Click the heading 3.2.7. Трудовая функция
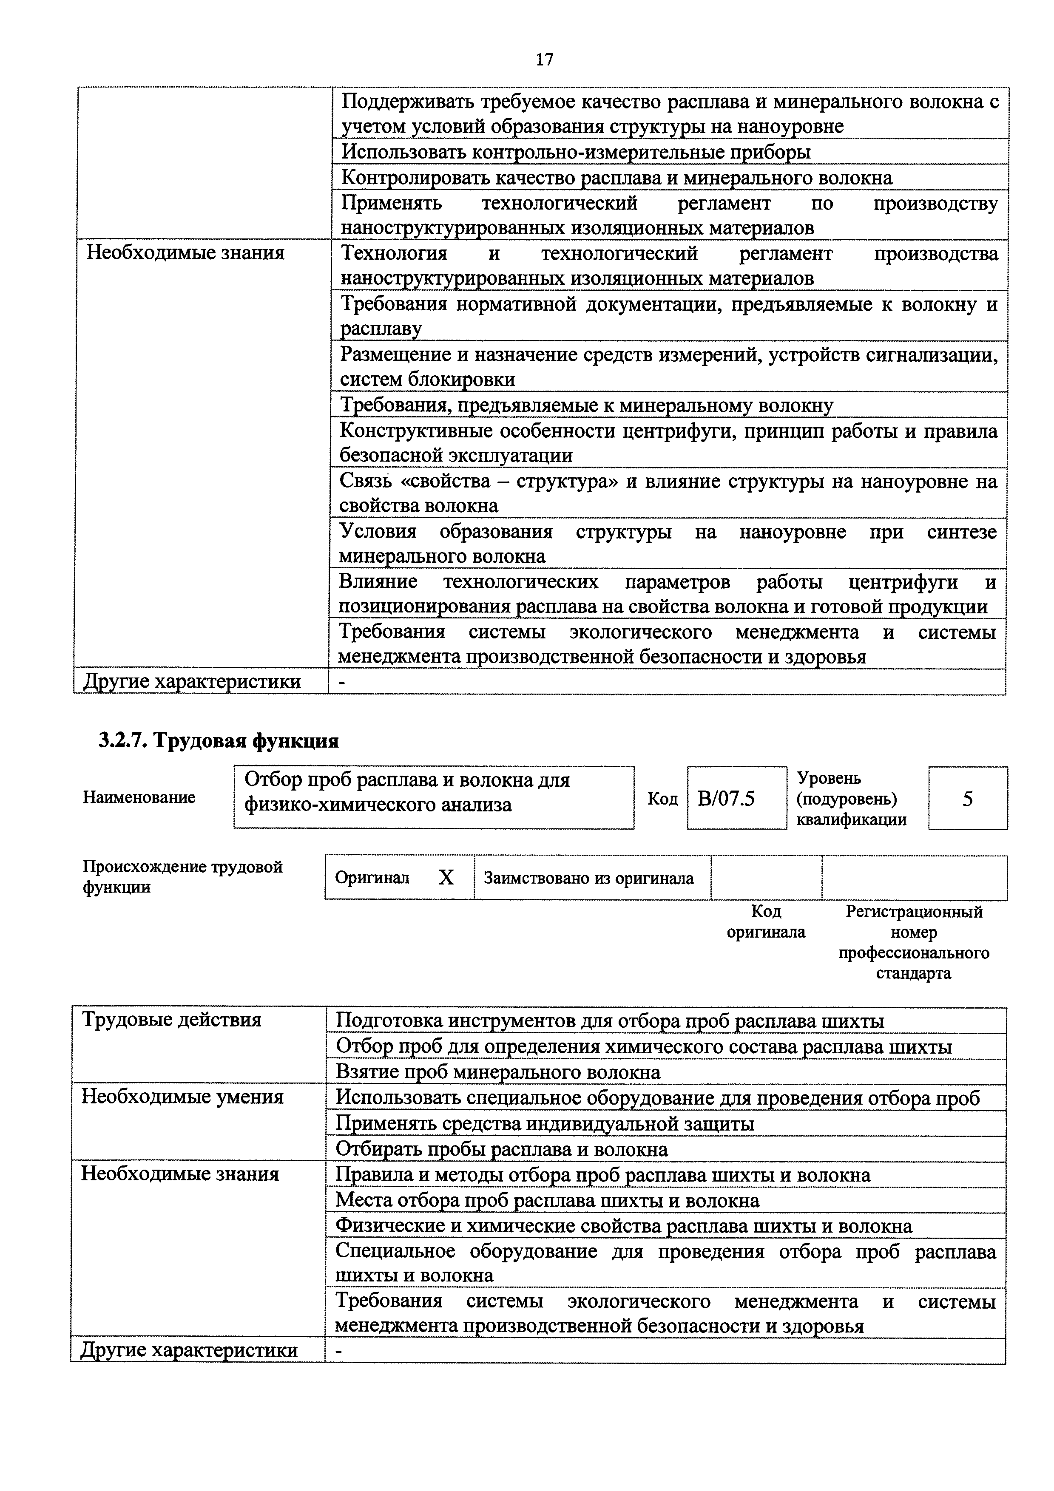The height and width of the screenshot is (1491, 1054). coord(219,740)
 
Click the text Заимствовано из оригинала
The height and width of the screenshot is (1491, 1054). coord(588,879)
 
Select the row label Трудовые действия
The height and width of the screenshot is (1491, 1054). coord(171,1020)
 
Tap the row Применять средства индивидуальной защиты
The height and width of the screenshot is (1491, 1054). coord(544,1123)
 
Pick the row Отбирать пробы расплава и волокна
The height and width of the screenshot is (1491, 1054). coord(501,1149)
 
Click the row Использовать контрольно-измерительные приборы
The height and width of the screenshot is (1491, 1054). coord(575,152)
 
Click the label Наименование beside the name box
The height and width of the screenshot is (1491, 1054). coord(139,797)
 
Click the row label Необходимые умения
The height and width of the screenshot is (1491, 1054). coord(182,1097)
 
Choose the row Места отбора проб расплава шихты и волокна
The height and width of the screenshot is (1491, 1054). coord(547,1201)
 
